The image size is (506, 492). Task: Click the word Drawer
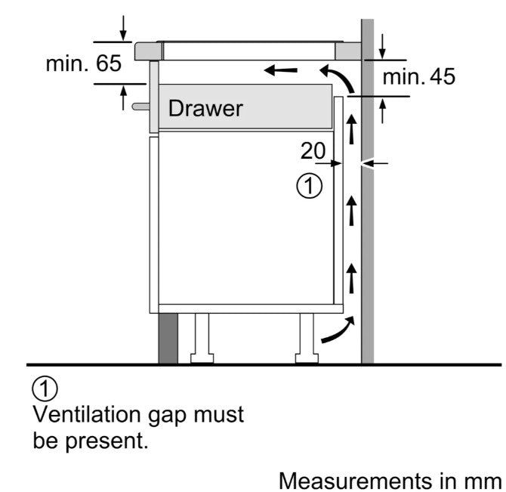(x=205, y=108)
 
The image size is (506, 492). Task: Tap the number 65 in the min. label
(x=108, y=63)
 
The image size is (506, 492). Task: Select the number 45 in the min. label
(x=442, y=76)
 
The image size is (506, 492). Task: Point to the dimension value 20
(x=312, y=150)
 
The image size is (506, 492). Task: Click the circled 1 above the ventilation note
(x=45, y=390)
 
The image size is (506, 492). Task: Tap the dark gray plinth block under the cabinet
(x=168, y=338)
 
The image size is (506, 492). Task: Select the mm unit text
(x=483, y=480)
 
